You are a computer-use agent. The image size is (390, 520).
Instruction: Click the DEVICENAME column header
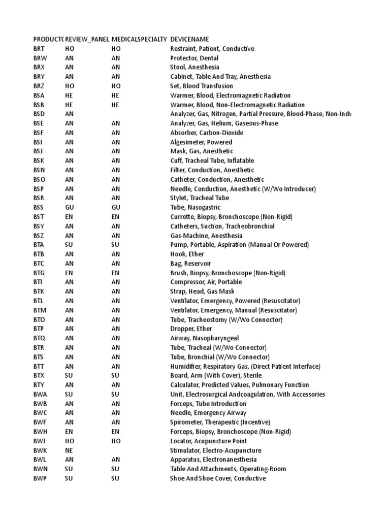[189, 39]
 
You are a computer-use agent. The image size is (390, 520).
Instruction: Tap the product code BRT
[39, 49]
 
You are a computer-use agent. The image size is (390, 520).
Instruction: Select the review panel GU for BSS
[70, 208]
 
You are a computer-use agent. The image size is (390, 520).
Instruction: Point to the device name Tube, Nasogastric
[195, 208]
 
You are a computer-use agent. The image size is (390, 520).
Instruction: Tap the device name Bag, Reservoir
[190, 264]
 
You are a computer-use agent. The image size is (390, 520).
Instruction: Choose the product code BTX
[39, 376]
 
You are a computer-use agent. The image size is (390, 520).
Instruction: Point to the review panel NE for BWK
[69, 450]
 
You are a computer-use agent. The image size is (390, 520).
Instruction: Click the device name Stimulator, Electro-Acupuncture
[215, 450]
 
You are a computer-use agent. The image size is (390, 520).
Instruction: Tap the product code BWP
[40, 478]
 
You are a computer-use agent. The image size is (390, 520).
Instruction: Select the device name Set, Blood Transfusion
[201, 86]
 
